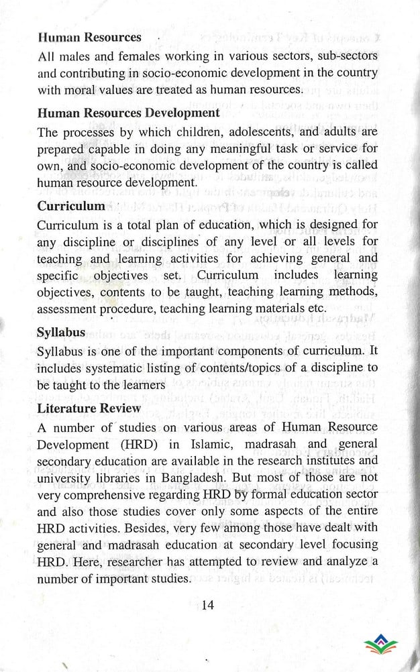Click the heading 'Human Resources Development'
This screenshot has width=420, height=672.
click(128, 113)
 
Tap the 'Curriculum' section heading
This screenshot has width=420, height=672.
click(70, 206)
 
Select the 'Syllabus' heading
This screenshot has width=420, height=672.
click(61, 333)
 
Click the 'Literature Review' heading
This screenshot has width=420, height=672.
click(89, 408)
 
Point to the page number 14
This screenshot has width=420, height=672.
click(207, 605)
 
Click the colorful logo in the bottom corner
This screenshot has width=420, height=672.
click(380, 645)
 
